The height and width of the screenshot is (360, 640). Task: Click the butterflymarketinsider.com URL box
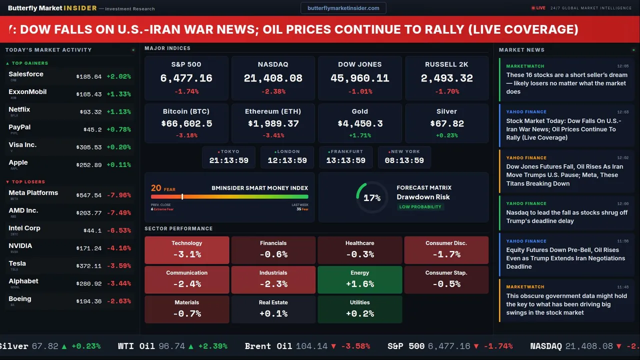tap(343, 8)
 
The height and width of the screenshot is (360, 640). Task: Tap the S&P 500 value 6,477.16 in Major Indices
tap(186, 78)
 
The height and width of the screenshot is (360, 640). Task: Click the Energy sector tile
tap(359, 279)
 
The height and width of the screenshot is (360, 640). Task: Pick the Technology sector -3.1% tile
tap(186, 250)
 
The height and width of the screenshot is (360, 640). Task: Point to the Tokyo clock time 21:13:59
tap(228, 160)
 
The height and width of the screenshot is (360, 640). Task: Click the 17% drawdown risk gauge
tap(372, 198)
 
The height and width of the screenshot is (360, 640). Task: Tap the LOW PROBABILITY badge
tap(420, 207)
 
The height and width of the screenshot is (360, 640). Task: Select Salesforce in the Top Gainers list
tap(26, 74)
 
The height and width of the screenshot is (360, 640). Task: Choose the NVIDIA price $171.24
tap(89, 248)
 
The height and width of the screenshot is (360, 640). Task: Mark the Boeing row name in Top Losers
tap(20, 299)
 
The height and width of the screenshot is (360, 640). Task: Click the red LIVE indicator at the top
tap(538, 8)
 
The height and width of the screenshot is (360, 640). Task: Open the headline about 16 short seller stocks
tap(566, 83)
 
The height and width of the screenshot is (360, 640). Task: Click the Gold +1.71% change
tap(359, 135)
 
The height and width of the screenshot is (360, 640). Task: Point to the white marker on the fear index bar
tap(182, 197)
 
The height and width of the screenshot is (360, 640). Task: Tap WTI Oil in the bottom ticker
tap(137, 346)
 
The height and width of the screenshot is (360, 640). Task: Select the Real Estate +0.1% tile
tap(273, 309)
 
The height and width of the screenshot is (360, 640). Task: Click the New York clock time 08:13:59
tap(404, 160)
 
